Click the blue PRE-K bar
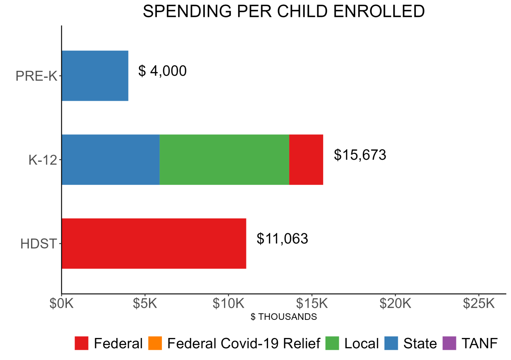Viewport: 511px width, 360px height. [x=95, y=76]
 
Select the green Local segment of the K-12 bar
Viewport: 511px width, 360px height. [x=224, y=159]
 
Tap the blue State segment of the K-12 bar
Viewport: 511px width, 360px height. [x=110, y=159]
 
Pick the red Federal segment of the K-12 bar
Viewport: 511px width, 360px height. [x=306, y=159]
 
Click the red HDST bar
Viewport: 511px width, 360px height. [x=154, y=244]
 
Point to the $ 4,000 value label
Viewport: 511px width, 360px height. [x=162, y=71]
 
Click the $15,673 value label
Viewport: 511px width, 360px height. [x=360, y=155]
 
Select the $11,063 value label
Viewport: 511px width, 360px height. [x=282, y=239]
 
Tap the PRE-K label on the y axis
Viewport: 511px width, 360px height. [x=36, y=76]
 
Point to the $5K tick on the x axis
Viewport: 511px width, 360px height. [x=145, y=304]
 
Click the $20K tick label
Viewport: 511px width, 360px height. [x=395, y=304]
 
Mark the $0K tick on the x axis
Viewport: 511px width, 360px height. [x=62, y=304]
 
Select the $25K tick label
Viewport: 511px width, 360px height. [x=478, y=304]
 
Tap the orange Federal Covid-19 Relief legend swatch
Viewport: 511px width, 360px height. [x=156, y=343]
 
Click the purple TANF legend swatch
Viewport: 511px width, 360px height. [x=450, y=343]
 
